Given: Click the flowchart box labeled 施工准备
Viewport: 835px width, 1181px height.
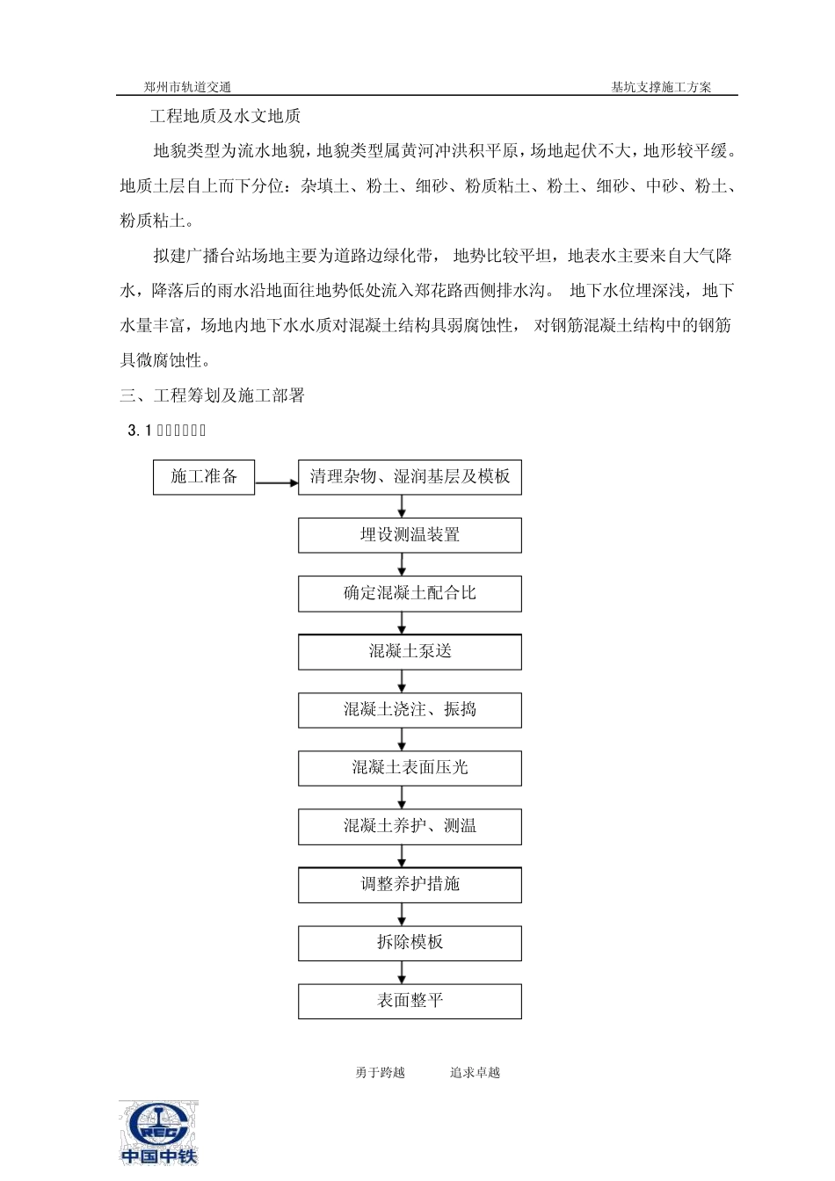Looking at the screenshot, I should pos(204,477).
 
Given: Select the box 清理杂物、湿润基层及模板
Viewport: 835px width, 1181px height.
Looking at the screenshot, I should pos(410,477).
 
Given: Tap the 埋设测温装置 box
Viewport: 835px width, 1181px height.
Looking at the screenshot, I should pos(410,535).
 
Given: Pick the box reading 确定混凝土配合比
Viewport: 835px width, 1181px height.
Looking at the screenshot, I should pos(410,594).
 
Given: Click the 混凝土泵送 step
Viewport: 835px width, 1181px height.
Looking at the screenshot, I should pos(410,652).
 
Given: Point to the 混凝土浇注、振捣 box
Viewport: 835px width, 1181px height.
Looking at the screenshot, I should pos(410,710).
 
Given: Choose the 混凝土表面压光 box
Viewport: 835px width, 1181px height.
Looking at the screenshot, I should pos(410,769).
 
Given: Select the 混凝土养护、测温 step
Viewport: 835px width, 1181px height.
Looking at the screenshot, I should pos(410,827).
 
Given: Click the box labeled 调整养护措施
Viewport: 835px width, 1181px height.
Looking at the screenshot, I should pos(410,885).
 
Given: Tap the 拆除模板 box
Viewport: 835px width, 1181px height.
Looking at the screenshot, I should pos(410,943).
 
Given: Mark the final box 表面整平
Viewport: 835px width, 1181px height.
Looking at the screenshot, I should pos(410,1002).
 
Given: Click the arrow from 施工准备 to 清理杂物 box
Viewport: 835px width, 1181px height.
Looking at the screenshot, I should pos(276,482).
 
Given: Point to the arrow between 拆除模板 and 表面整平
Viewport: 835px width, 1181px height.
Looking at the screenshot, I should pos(403,972).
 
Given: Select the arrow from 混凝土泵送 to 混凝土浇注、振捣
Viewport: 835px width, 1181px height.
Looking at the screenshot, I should pos(403,681).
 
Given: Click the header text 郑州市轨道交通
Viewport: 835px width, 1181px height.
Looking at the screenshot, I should pos(188,87).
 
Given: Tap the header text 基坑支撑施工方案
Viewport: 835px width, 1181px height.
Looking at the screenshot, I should pos(661,87).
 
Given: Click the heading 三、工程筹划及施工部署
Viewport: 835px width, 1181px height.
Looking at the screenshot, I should pos(212,395).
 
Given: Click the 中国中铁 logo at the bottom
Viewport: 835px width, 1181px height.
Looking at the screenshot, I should pos(159,1133).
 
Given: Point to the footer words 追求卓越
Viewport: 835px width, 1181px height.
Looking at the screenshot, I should pos(475,1073).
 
